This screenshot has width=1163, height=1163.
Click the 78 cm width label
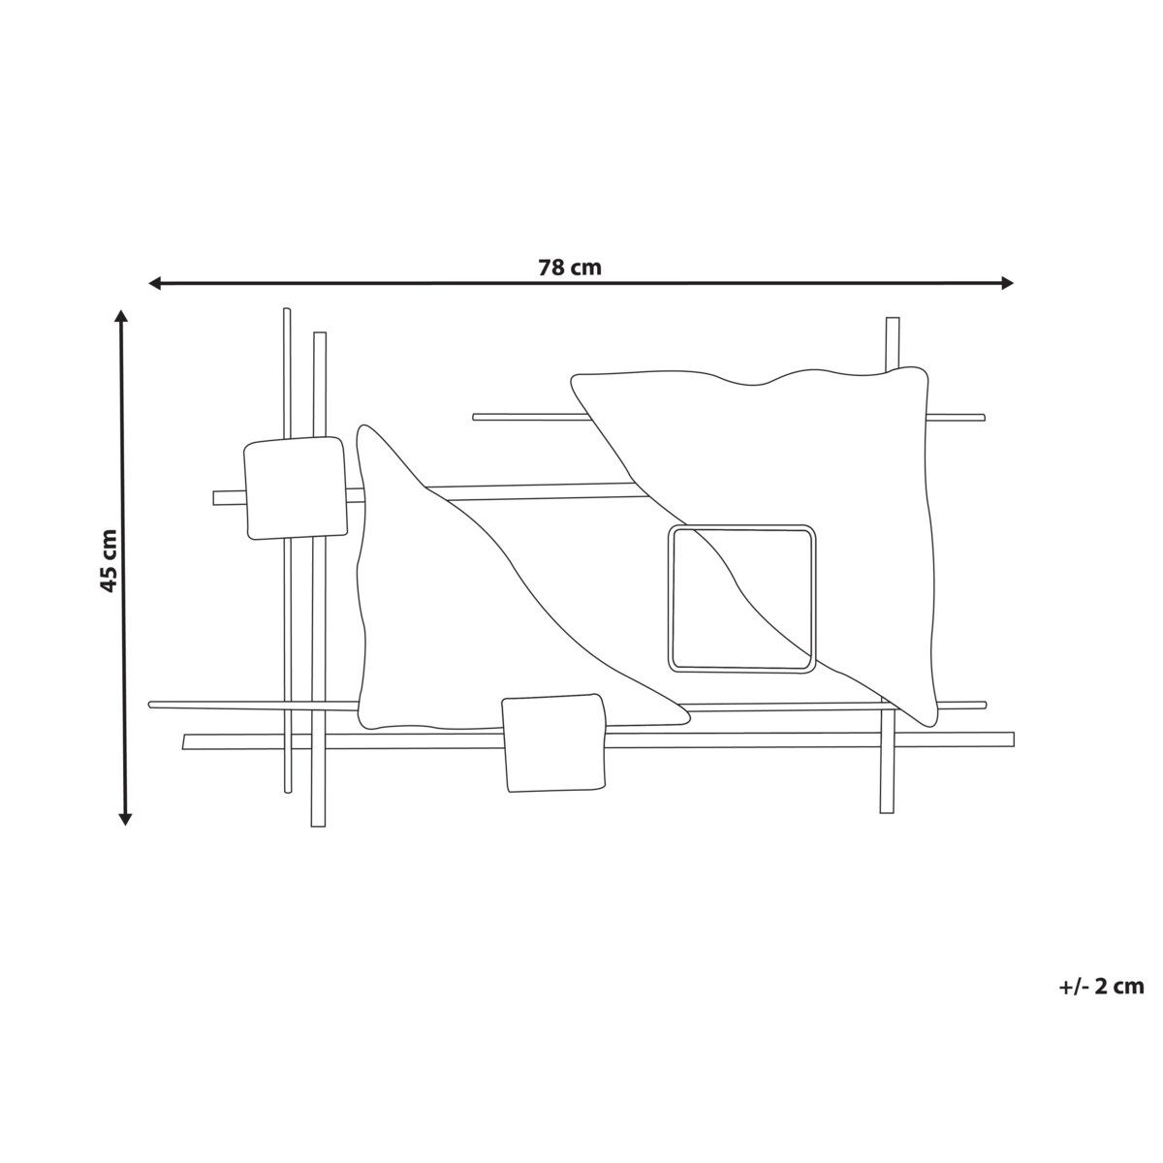coord(570,267)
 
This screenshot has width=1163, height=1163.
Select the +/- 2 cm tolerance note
coord(1101,987)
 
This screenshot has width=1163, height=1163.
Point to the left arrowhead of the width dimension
coord(153,283)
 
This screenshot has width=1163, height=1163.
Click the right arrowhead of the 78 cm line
coord(1008,283)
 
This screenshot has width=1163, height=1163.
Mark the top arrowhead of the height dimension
coord(121,316)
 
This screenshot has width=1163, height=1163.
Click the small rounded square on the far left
coord(295,487)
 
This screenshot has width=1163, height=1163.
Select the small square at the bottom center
coord(554,742)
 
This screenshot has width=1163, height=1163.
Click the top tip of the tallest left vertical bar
coord(287,311)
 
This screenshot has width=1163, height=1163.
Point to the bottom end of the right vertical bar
coord(886,810)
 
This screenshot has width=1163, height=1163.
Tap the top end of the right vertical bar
coord(893,320)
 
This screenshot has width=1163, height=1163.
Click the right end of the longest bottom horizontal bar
coord(1011,739)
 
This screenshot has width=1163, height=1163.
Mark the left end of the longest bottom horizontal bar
coord(186,742)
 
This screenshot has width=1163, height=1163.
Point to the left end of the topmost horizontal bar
coord(476,417)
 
